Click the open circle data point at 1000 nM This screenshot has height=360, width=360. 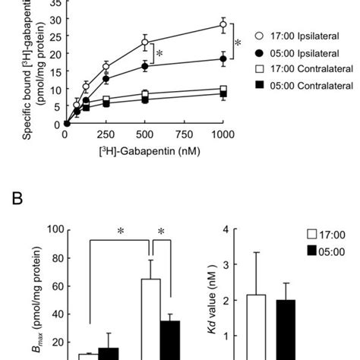(223, 25)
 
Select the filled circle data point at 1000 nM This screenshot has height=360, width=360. (223, 58)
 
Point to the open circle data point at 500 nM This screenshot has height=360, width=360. (145, 43)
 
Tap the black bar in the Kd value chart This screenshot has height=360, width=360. (286, 330)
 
